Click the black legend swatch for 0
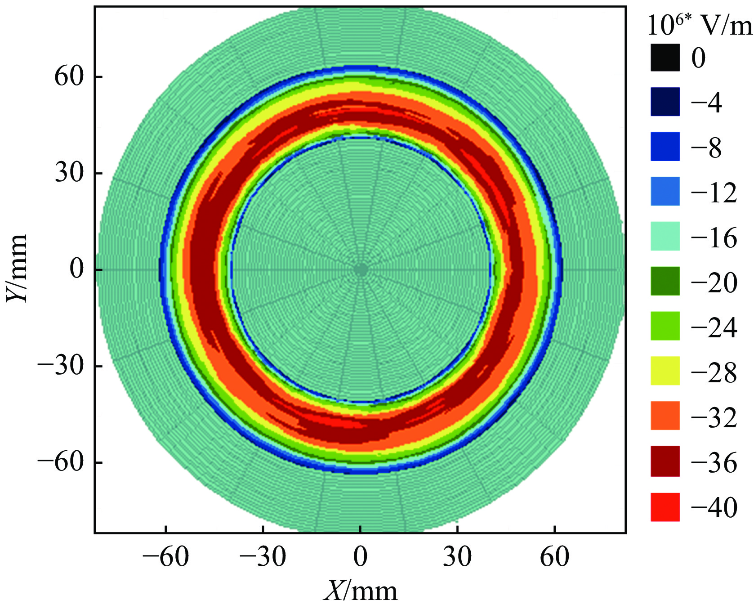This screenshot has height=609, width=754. tap(665, 57)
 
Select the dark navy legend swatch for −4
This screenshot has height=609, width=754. tap(665, 102)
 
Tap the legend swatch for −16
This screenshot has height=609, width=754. tap(665, 236)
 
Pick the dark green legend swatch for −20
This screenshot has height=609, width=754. tap(665, 281)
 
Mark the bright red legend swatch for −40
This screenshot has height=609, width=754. tap(665, 507)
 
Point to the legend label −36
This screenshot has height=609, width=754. tap(714, 462)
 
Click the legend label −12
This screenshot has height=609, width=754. tap(714, 193)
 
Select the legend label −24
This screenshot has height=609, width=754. tap(714, 327)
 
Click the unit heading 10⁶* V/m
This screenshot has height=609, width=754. tap(699, 26)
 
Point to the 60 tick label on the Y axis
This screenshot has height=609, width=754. tap(69, 76)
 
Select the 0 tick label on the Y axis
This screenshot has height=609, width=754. tap(77, 269)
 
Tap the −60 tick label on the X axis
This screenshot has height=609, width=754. tap(165, 557)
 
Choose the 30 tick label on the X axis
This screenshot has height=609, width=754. tap(457, 557)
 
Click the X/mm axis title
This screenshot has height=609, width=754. tap(360, 591)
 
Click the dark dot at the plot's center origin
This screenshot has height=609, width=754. tap(361, 270)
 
